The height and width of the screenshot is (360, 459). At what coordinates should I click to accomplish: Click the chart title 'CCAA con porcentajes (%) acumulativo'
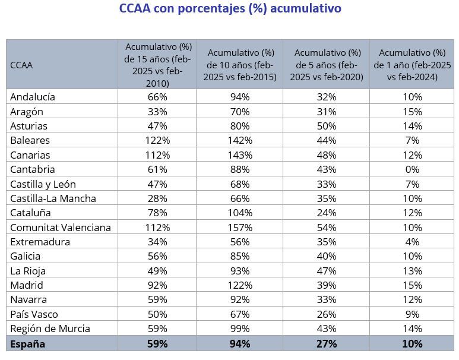pos(229,9)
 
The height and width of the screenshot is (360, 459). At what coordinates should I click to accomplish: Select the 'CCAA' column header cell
pos(21,65)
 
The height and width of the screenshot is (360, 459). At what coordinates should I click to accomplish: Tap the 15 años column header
pos(157,64)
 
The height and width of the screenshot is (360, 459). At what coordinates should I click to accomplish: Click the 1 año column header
pos(411,64)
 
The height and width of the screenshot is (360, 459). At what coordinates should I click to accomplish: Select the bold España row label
pos(27,343)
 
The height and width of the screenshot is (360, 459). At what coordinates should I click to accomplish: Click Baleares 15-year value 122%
pos(157,140)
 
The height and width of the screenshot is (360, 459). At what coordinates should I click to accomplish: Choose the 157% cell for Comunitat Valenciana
pos(239,228)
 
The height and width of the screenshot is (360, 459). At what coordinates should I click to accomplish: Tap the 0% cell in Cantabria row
pos(411,169)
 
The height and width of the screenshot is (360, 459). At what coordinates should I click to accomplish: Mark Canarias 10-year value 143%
pos(239,155)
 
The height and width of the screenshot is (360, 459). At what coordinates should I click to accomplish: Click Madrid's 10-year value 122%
pos(239,285)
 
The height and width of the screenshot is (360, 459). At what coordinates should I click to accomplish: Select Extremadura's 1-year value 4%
pos(411,242)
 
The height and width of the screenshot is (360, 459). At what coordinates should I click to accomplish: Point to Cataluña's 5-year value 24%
pos(326,213)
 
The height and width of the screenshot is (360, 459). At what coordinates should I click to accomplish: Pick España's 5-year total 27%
pos(326,343)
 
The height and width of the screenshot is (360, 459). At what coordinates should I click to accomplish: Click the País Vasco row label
pos(34,314)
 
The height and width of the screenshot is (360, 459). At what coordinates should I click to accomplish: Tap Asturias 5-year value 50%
pos(326,126)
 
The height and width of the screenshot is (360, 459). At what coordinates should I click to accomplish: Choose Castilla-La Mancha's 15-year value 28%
pos(157,198)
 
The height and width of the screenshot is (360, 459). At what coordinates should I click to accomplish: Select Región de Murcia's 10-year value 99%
pos(239,329)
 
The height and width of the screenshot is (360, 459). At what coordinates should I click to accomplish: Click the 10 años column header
pos(239,64)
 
